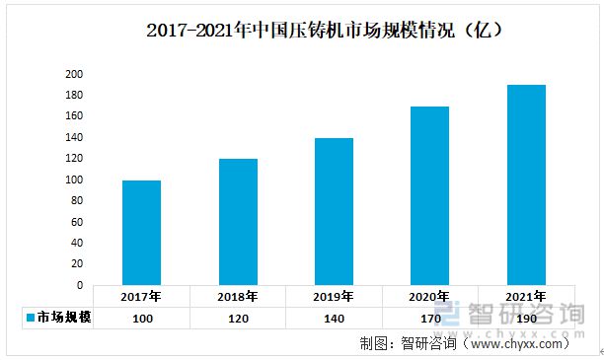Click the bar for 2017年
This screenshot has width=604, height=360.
141,233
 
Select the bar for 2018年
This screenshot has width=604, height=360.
238,222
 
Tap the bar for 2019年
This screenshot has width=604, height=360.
334,211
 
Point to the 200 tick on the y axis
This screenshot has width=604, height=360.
74,74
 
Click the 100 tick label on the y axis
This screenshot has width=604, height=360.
74,180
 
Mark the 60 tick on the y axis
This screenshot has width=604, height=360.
77,222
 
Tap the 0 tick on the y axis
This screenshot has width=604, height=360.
80,285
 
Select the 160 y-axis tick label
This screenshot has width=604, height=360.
74,116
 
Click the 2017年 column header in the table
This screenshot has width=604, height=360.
141,296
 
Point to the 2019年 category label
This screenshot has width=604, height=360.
334,296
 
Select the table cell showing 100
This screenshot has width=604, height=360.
141,319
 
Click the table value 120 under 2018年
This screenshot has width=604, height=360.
238,319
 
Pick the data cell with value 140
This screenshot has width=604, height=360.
334,319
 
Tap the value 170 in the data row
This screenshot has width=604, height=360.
429,319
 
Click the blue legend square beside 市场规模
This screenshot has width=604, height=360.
31,318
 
